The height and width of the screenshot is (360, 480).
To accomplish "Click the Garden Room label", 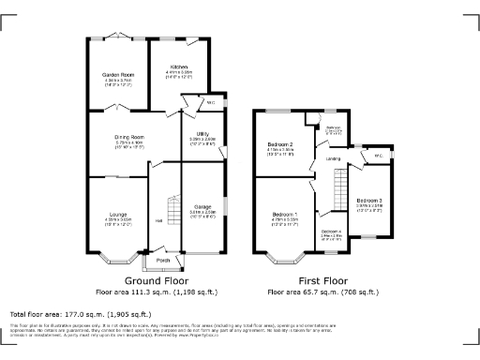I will tap(118, 74).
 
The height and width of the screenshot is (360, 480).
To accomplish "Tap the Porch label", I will tap(162, 260).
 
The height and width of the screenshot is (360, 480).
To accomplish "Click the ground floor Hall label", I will tap(159, 220).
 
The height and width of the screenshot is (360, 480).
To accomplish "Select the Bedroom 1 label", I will tap(285, 215).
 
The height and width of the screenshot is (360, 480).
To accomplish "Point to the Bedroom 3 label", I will tap(369, 201).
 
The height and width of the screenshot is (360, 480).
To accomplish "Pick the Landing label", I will tap(333, 158).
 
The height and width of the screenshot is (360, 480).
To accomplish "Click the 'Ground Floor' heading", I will tap(157, 280).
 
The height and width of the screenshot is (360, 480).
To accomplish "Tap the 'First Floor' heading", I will tap(323, 280).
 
